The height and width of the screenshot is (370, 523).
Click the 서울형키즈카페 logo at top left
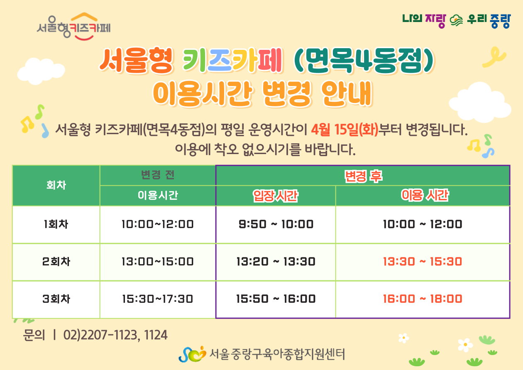pos(74,26)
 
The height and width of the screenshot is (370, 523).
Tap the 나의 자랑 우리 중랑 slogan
pos(457,21)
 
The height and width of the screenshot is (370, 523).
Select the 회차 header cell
pos(56,185)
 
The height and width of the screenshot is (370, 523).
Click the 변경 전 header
pos(158,175)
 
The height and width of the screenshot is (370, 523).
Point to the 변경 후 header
pos(363,176)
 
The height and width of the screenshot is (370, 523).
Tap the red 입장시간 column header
pos(276,196)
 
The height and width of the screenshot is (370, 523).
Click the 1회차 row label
pos(56,224)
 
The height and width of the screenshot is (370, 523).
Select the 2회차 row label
pos(56,261)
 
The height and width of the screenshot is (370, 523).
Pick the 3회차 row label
pos(56,299)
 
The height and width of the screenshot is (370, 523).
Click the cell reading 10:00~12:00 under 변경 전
pos(158,224)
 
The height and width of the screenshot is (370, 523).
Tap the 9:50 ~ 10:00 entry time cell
pos(276,224)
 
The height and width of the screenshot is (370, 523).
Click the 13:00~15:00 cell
pos(158,261)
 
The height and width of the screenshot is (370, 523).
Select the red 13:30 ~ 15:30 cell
pos(423,261)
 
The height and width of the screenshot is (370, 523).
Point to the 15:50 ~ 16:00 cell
pos(276,299)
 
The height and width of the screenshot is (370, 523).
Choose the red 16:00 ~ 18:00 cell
pos(423,299)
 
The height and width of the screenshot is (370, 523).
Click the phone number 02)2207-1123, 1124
pos(115,335)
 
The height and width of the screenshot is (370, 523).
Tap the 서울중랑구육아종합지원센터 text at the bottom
pos(277,354)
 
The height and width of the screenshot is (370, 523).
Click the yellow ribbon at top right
pos(494,57)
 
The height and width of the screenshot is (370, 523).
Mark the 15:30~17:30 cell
pos(158,299)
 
